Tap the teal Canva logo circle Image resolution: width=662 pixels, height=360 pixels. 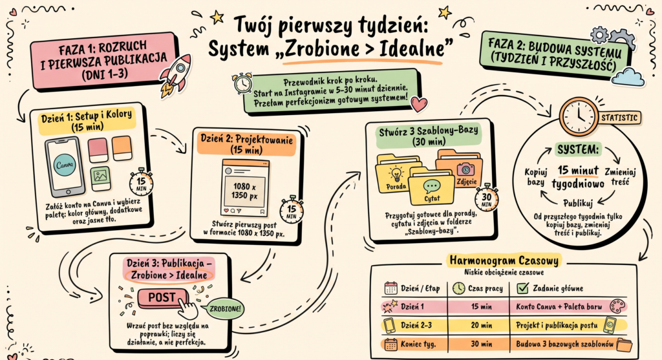(x=65, y=165)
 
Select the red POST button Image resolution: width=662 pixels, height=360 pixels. (x=162, y=298)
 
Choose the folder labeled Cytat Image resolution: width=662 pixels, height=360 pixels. (x=431, y=187)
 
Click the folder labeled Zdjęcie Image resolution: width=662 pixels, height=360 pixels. (x=460, y=169)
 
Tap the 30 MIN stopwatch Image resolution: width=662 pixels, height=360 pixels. (x=486, y=198)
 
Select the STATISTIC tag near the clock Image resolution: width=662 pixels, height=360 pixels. (x=619, y=118)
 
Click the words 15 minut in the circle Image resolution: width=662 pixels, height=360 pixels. (x=578, y=171)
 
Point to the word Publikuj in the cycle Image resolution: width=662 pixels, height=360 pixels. (x=578, y=203)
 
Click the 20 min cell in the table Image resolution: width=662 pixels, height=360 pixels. (x=481, y=325)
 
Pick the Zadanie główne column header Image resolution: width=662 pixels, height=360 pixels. (x=558, y=288)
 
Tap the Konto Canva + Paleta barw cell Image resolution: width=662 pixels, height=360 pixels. (x=559, y=306)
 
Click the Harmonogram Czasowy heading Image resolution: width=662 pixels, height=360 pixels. (x=504, y=260)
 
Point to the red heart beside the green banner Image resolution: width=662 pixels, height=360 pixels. (x=419, y=104)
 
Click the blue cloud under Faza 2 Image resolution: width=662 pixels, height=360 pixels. (x=628, y=77)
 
